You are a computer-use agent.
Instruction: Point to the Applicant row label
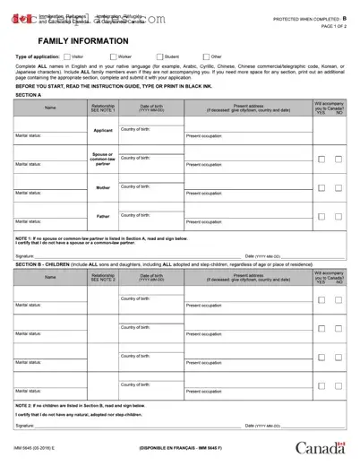pyautogui.click(x=103, y=131)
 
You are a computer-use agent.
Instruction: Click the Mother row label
pyautogui.click(x=103, y=187)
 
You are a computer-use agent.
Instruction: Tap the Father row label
pyautogui.click(x=103, y=216)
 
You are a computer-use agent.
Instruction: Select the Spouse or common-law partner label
pyautogui.click(x=103, y=160)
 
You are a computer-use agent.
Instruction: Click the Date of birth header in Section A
pyautogui.click(x=151, y=108)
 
